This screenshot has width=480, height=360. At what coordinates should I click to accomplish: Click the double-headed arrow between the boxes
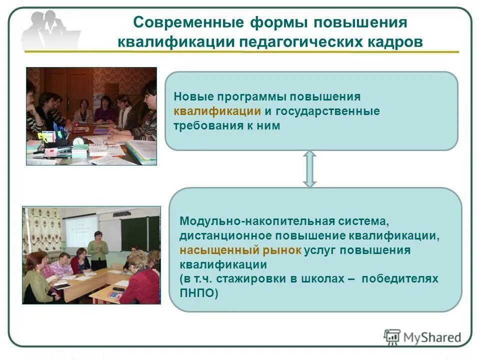(310, 169)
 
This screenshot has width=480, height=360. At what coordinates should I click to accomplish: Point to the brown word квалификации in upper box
(217, 111)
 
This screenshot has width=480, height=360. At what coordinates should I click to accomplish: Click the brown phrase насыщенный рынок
(240, 249)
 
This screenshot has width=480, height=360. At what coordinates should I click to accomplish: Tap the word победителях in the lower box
(400, 278)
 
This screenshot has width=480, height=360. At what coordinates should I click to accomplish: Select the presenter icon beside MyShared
(392, 337)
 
